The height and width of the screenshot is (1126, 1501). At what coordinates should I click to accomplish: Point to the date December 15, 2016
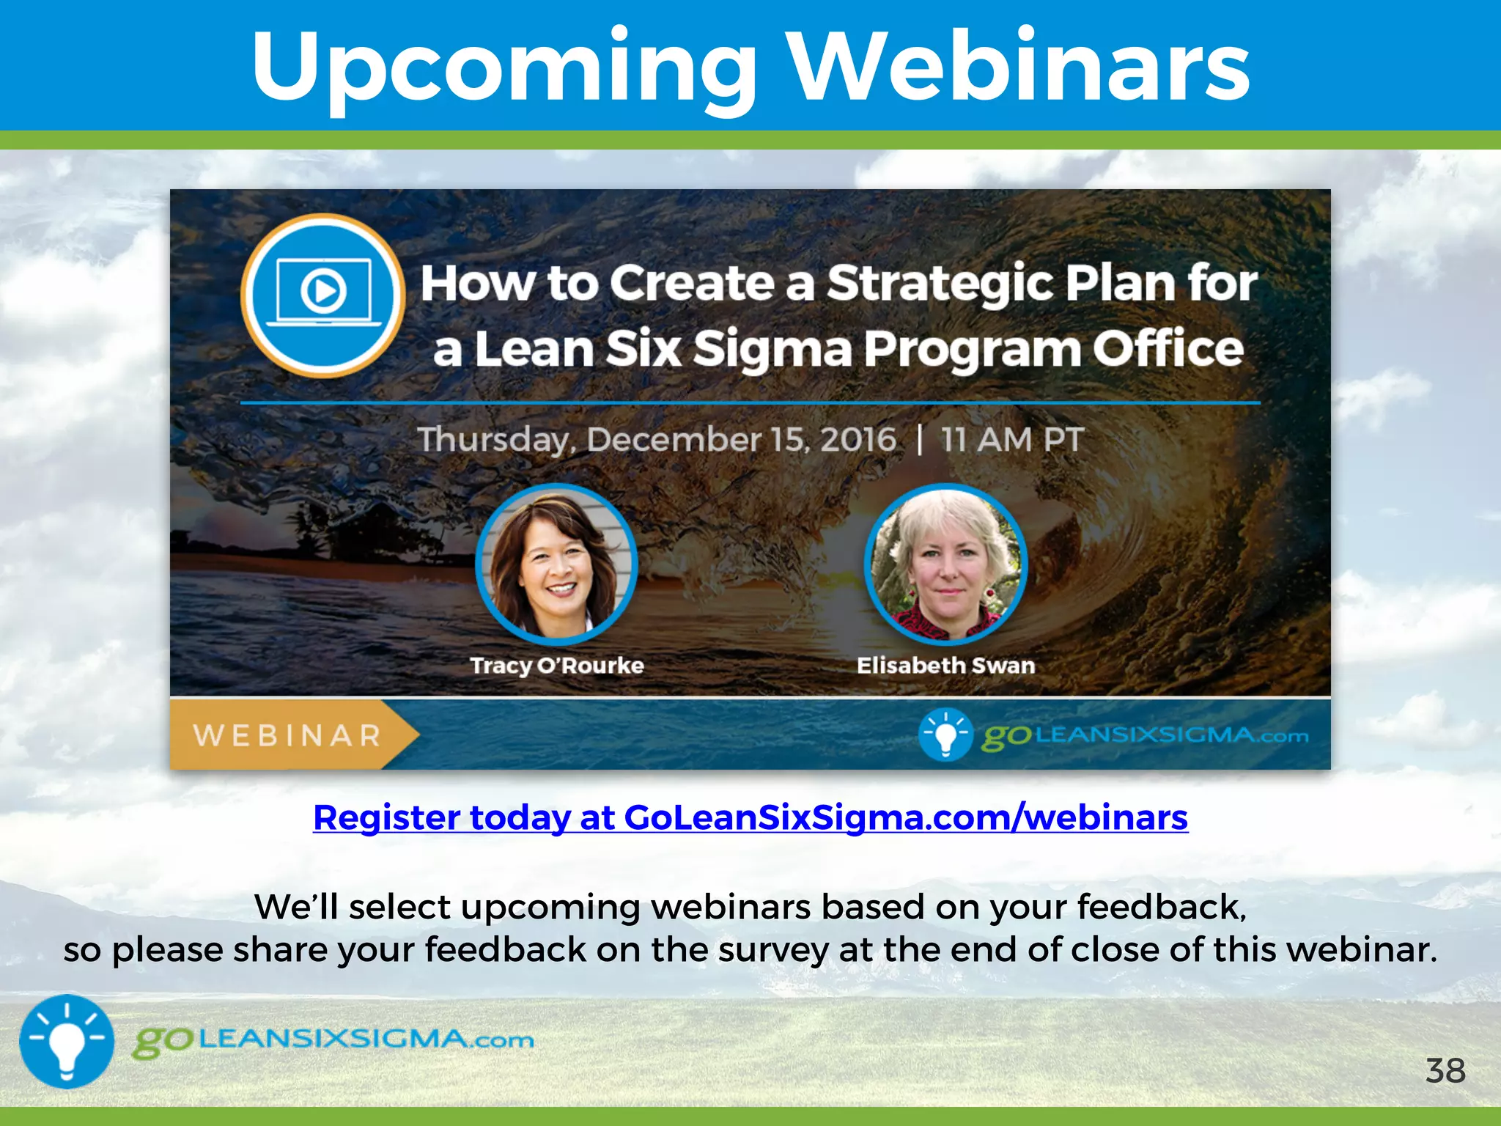(740, 440)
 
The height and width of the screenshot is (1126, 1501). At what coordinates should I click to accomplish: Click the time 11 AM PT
(1011, 440)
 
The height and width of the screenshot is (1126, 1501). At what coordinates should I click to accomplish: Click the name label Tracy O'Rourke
(556, 666)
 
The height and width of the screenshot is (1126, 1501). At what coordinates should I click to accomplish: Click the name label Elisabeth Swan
(945, 666)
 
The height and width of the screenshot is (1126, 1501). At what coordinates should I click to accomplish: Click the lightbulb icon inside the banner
(945, 734)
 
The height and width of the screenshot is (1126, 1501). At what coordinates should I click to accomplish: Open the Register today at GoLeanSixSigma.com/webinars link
(750, 817)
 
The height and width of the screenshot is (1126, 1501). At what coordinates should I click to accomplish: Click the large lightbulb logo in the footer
(67, 1041)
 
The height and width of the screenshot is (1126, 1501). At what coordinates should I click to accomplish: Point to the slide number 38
(1445, 1071)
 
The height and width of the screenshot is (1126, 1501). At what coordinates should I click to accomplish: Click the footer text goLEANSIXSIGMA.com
(333, 1040)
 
